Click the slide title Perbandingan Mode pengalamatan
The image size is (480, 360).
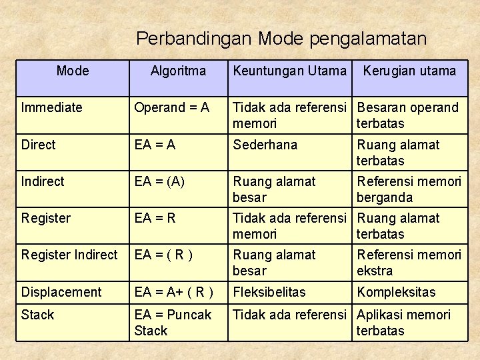coord(281,39)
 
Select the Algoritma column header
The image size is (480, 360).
coord(178,71)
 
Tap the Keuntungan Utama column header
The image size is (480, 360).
coord(289,71)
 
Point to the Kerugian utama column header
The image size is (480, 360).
coord(409,71)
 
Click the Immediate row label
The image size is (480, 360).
coord(52,107)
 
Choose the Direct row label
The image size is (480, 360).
coord(39,145)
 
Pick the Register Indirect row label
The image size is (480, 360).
coord(69,255)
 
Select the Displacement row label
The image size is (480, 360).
coord(61,292)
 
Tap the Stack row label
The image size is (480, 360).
coord(37,315)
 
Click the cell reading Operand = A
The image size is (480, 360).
coord(171,107)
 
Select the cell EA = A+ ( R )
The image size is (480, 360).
coord(174,292)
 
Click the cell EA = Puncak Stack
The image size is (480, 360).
coord(173,322)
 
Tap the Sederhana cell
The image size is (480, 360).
coord(265,145)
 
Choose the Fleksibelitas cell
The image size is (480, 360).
coord(269,292)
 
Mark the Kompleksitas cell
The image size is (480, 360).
coord(396,292)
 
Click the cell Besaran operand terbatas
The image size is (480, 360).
coord(407,115)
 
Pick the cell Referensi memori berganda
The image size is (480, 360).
coord(409,189)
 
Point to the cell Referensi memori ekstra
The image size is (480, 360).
coord(409,263)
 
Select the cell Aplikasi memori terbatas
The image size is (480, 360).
coord(403,323)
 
